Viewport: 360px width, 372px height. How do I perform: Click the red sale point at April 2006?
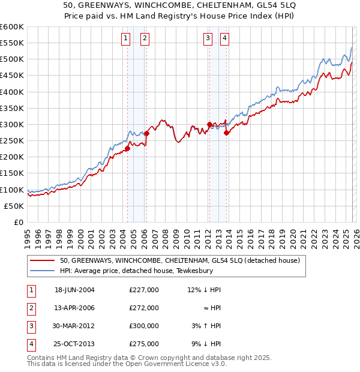coord(146,133)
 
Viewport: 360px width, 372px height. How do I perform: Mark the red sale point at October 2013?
coord(226,133)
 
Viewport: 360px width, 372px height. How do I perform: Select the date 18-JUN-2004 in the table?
coord(74,290)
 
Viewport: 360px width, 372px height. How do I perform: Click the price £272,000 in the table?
coord(144,308)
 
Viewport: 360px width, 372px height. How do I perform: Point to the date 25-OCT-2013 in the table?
coord(74,344)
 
